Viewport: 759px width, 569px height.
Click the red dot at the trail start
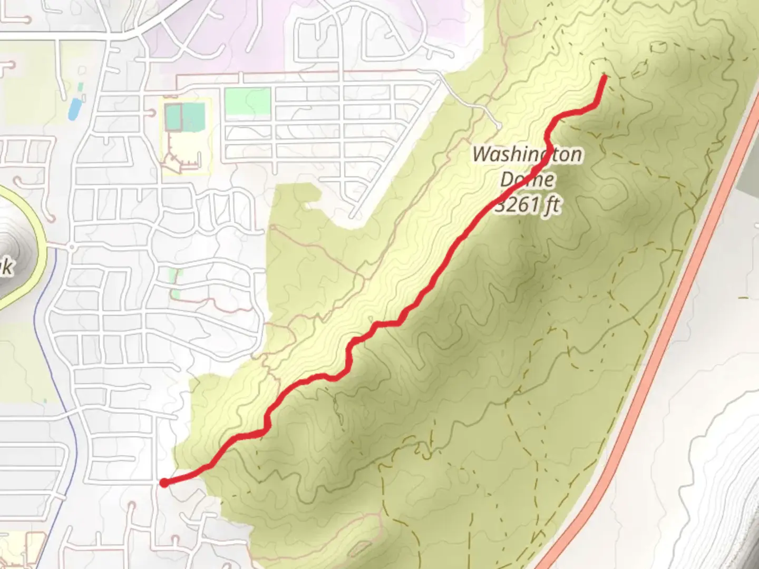164,483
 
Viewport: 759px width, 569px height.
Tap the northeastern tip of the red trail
604,77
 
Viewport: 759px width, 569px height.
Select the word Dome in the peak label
527,180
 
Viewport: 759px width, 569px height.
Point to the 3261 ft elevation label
528,204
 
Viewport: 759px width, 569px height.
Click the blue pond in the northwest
74,109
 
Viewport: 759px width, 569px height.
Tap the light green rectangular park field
247,101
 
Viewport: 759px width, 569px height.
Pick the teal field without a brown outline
194,117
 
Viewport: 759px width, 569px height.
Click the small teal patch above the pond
80,86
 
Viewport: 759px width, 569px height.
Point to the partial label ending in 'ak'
6,267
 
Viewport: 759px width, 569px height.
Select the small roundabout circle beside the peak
71,246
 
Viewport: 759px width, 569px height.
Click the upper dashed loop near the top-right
658,47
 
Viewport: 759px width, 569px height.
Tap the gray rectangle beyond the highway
748,174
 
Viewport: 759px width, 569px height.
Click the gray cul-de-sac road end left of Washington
498,125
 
